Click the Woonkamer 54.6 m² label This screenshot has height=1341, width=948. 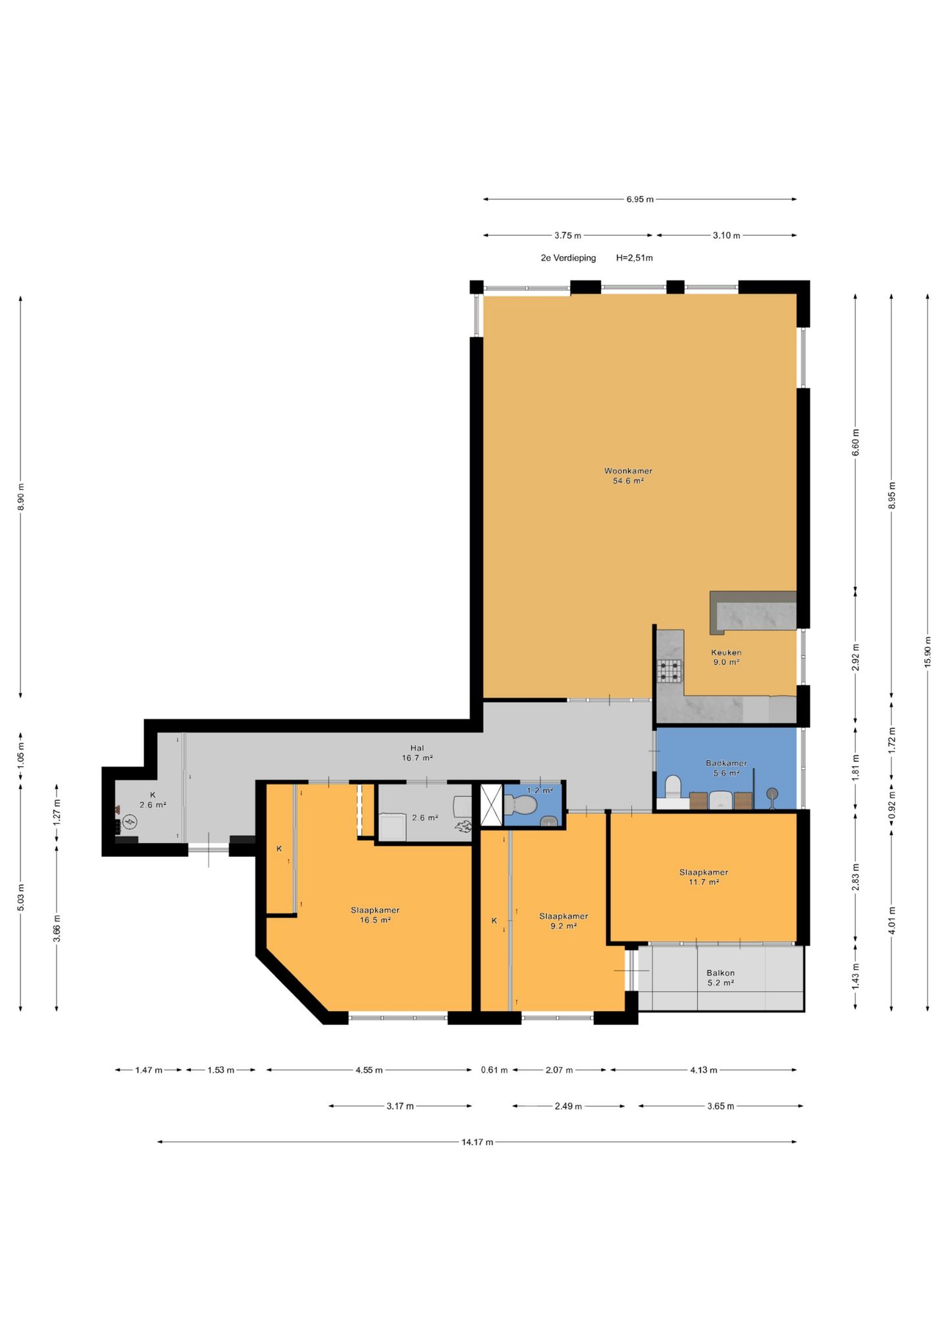click(628, 476)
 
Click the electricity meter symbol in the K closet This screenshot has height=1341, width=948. click(130, 821)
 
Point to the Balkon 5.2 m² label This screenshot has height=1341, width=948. click(720, 977)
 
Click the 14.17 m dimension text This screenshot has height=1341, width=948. click(477, 1142)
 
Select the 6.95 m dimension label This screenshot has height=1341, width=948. click(640, 199)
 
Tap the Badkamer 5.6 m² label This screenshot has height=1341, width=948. click(726, 768)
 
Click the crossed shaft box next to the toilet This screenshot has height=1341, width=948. click(491, 805)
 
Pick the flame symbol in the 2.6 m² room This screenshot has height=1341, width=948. click(463, 827)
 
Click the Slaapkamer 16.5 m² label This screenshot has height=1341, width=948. click(375, 915)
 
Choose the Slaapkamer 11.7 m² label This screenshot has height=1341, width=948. click(704, 877)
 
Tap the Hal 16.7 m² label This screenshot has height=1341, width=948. click(417, 753)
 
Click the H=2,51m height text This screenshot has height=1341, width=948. click(634, 258)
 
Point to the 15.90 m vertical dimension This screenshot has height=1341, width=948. click(928, 651)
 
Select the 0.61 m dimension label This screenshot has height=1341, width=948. click(494, 1070)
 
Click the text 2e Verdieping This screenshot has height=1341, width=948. click(568, 258)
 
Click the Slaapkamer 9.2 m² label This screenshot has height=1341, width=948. click(563, 921)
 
